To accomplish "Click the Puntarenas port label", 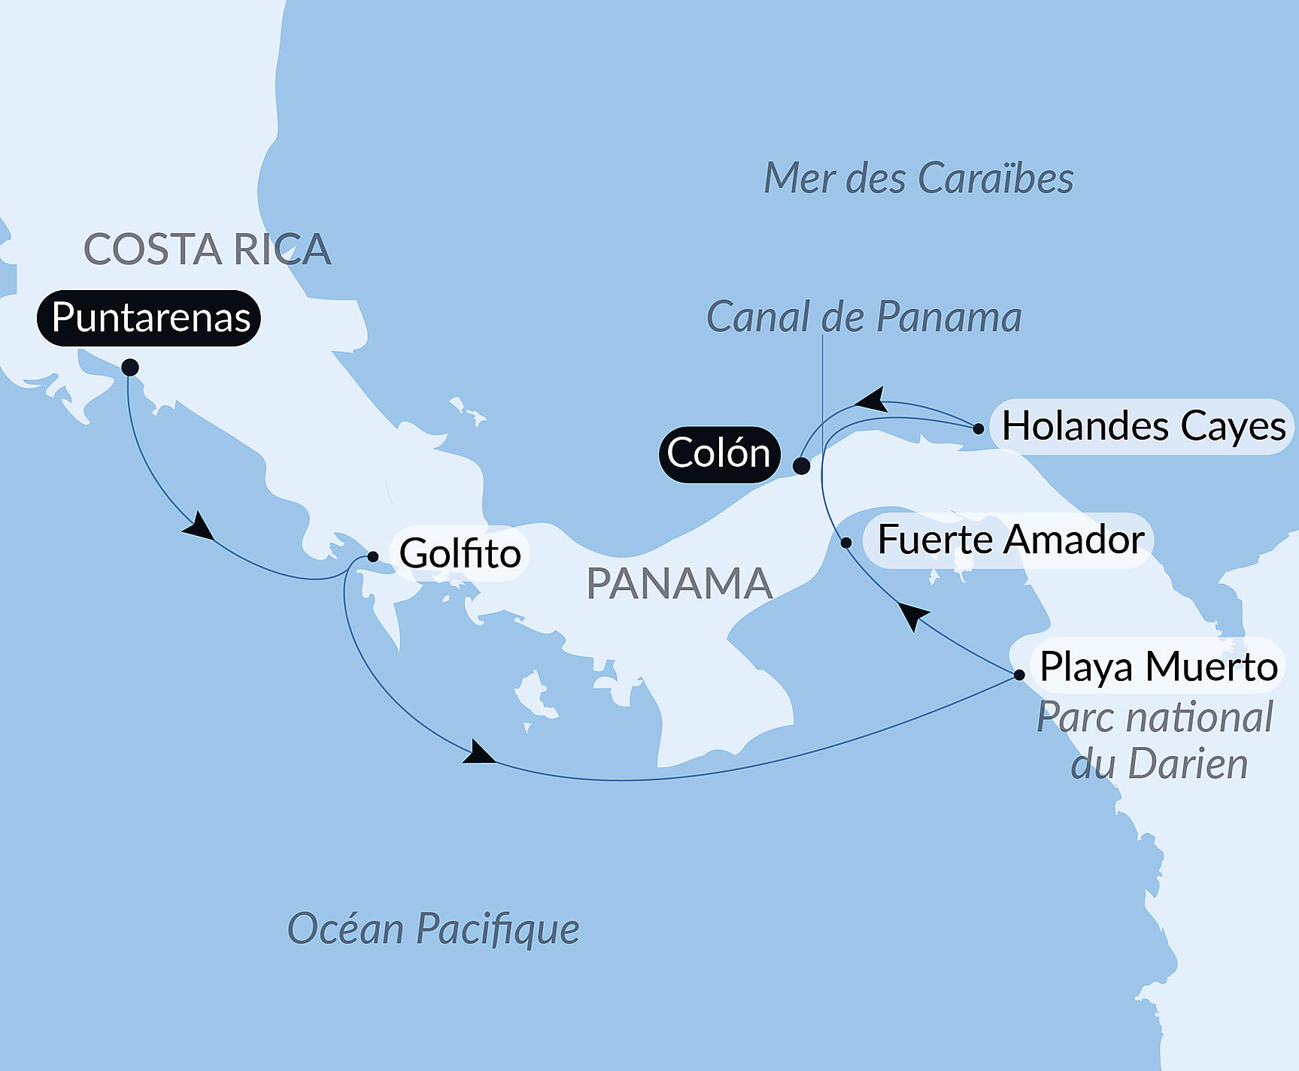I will point(149,318).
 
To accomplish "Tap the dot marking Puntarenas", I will point(130,368).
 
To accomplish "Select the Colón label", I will point(718,454).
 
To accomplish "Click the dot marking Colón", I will point(802,466).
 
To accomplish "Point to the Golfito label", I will point(460,554).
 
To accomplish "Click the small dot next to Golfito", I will point(372,557).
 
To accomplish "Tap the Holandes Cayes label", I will point(1143,426).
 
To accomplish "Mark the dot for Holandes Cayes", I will point(978,429).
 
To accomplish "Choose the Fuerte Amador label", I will point(1010,540).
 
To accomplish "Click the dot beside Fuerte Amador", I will point(846,543).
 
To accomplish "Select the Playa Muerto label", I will point(1158,667).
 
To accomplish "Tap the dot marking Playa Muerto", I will point(1019,675).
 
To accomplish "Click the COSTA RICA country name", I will point(207,250).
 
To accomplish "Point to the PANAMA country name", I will point(679,584).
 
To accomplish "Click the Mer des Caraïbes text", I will point(918,179).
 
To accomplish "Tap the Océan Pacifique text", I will point(433,929).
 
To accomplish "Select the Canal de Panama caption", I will point(863,317).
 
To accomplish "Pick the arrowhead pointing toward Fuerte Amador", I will point(912,616).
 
